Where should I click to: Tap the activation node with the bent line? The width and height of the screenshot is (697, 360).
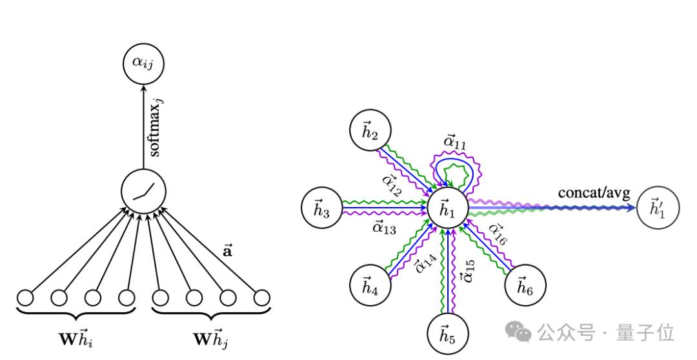point(143,191)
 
